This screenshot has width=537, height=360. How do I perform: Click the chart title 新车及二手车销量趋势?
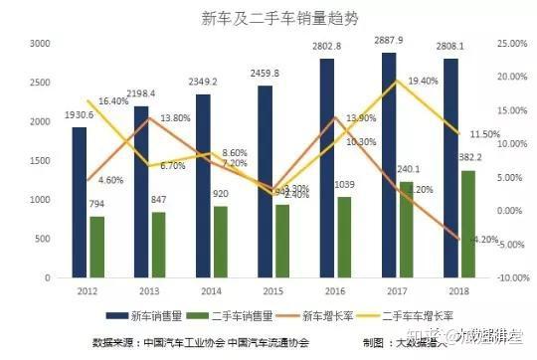click(x=268, y=17)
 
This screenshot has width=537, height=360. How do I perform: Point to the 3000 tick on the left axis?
click(x=40, y=44)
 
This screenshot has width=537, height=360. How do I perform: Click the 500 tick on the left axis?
click(x=43, y=240)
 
